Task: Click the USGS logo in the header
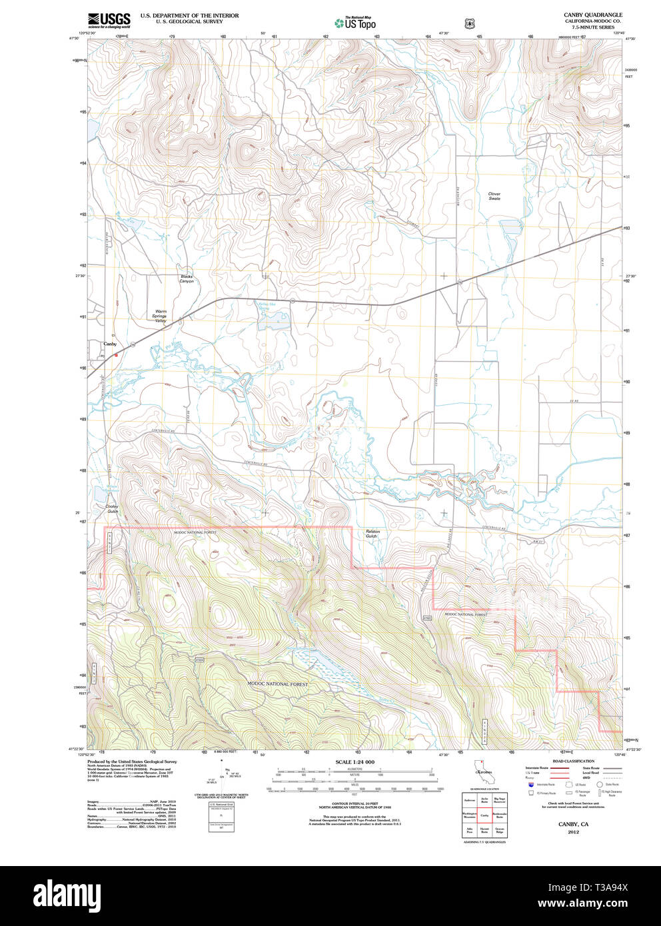click(x=109, y=19)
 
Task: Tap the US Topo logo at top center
click(x=355, y=23)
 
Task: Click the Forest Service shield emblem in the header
click(x=470, y=23)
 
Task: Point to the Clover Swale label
click(x=494, y=197)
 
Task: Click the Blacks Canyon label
click(x=187, y=278)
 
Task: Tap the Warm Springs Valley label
click(x=161, y=316)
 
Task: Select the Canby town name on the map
click(x=110, y=344)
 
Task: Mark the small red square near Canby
click(x=116, y=355)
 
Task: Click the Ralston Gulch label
click(x=371, y=534)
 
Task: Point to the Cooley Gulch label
click(x=112, y=509)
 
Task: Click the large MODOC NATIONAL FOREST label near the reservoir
click(x=278, y=684)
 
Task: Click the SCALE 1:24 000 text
click(x=354, y=762)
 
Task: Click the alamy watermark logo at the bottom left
click(x=67, y=894)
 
